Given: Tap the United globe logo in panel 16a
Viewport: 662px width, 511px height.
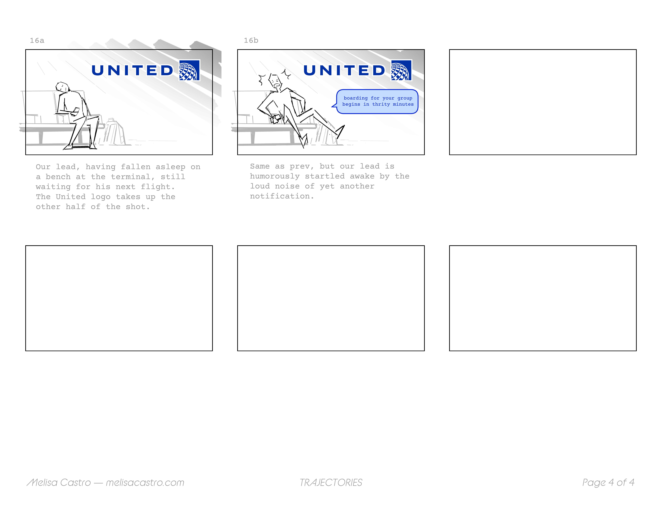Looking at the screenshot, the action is point(189,70).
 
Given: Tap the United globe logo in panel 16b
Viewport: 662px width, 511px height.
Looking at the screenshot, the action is point(401,70).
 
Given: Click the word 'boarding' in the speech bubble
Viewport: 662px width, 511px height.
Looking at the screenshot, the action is point(356,98).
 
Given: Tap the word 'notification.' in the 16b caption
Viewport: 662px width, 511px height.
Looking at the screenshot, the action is point(282,196).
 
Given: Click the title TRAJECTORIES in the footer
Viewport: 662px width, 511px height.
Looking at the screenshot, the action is point(331,483).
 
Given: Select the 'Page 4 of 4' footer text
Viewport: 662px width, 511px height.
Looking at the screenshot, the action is point(608,483).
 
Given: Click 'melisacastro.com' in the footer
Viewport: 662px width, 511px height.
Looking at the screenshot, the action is point(145,483).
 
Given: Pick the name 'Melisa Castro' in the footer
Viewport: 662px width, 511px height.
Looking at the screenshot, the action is point(59,483).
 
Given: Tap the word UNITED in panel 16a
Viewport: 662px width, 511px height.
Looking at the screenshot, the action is point(133,71).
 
